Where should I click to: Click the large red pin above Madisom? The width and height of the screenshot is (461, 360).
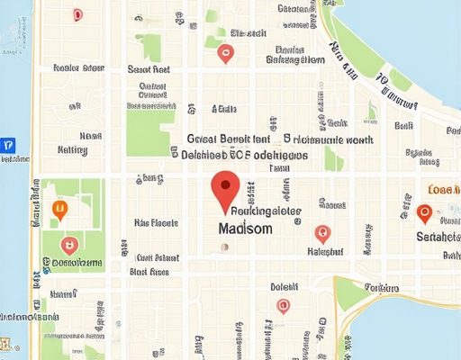tap(224, 192)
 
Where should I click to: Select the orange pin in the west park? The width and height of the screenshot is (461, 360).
tap(60, 210)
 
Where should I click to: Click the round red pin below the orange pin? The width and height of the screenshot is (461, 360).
tap(67, 244)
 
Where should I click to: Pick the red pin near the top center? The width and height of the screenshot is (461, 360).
tap(226, 53)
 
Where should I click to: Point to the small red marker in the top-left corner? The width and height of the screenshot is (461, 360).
tap(77, 14)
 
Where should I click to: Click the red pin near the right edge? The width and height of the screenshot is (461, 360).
tap(425, 213)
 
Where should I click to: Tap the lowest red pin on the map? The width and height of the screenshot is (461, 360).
tap(283, 306)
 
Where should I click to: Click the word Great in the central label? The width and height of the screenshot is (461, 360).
tap(204, 139)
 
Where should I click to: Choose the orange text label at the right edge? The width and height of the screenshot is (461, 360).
tap(444, 191)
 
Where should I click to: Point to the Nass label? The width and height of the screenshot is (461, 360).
tap(90, 136)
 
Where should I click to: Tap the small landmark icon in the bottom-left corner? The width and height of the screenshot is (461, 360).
tap(8, 345)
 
